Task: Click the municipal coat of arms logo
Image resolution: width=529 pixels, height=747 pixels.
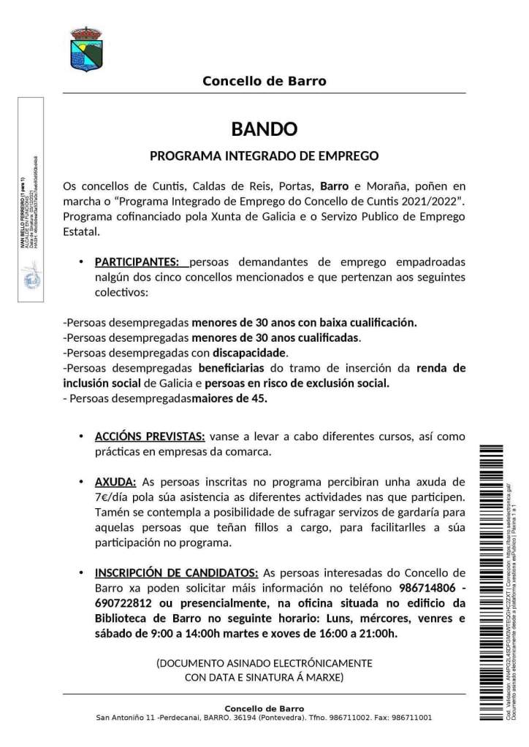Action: [86, 50]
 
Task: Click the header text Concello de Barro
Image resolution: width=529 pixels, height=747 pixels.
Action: [264, 81]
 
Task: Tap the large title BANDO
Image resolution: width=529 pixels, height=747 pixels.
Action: [264, 129]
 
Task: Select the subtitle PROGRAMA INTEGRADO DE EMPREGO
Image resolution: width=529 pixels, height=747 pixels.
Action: [264, 156]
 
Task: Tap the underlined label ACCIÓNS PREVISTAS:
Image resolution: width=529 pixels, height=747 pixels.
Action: [150, 437]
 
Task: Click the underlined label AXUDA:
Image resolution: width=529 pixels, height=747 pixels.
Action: [115, 482]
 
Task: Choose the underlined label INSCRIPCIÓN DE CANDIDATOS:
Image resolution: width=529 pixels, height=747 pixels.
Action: [176, 572]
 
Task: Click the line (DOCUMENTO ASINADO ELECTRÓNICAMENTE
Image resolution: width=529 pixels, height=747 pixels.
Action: [264, 663]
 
